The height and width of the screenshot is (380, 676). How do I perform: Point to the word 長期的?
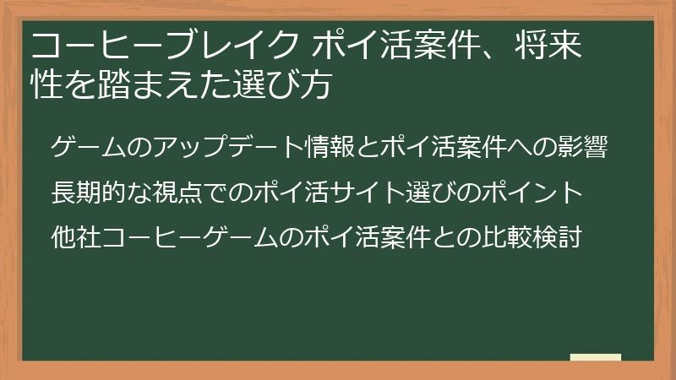(x=93, y=193)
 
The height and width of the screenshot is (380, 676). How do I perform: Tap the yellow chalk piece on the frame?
(x=595, y=358)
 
